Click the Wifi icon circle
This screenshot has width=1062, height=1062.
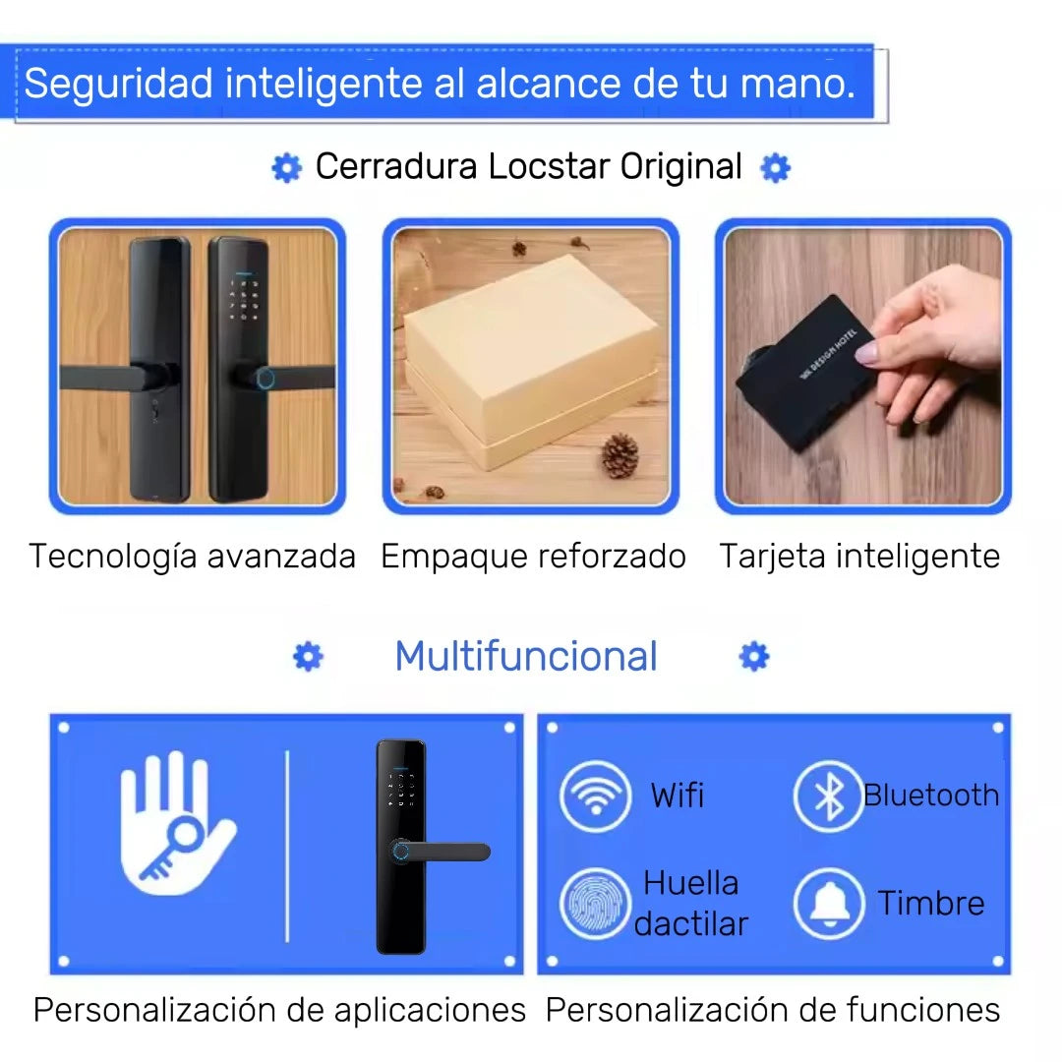pos(595,796)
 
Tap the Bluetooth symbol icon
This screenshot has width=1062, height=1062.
pos(828,796)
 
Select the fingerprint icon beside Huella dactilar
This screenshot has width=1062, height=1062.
pos(595,903)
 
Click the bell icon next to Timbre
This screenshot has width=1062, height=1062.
pos(829,903)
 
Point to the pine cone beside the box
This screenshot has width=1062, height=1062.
pos(619,455)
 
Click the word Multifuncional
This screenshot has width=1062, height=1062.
pos(525,657)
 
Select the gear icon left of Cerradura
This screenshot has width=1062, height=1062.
pos(286,168)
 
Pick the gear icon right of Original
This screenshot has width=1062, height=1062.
pos(775,168)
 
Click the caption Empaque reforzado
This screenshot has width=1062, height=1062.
pos(533,557)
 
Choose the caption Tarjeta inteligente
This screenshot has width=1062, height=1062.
pos(859,557)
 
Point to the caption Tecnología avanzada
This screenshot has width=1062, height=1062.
pos(192,557)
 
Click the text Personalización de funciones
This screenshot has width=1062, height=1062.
pos(773,1010)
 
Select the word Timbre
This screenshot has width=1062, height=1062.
pos(930,903)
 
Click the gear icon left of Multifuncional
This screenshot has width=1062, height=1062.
pos(308,657)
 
